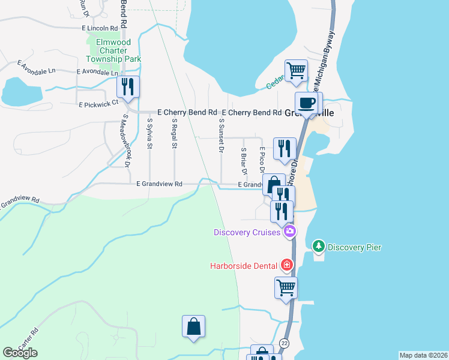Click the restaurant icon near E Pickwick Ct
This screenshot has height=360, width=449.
(x=128, y=87)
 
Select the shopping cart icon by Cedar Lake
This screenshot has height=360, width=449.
(x=297, y=71)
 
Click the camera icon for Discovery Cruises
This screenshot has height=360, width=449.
(x=290, y=232)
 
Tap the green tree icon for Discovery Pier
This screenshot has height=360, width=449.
(x=318, y=247)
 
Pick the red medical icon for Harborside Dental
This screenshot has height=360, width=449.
(x=287, y=265)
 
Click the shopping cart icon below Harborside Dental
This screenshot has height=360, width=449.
(x=286, y=287)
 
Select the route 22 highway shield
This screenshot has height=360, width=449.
(x=284, y=342)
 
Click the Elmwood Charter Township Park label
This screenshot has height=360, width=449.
(x=113, y=50)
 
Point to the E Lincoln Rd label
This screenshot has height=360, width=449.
(x=100, y=28)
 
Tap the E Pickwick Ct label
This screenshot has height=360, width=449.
(x=99, y=104)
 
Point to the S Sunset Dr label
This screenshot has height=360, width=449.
(x=221, y=136)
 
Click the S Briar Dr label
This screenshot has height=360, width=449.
(x=244, y=161)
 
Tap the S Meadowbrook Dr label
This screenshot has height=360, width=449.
(x=126, y=141)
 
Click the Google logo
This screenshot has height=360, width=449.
(x=20, y=353)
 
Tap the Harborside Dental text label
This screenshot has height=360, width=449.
(x=243, y=266)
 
